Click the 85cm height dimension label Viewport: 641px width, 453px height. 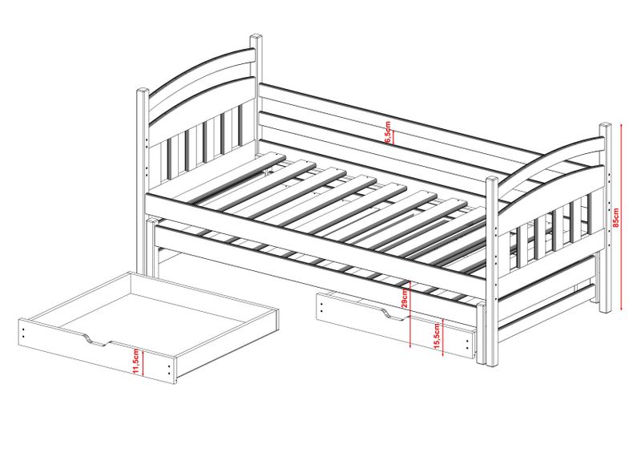coord(616,217)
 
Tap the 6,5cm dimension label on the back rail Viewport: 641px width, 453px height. coord(388,131)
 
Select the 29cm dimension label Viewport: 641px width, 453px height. coord(405,297)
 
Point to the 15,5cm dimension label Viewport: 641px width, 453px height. coord(437,336)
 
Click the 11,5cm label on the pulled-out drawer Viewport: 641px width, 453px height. coord(137,362)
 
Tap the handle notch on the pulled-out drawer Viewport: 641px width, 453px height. coord(97,341)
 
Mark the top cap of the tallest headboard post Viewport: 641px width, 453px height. coord(256,37)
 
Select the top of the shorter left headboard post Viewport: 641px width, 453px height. coord(143,91)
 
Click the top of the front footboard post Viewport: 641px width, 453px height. coord(492,180)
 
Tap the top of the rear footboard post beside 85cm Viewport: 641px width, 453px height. coord(606,125)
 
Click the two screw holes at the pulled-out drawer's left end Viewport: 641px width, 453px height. coord(23,331)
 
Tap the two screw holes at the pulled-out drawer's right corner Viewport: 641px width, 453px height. coord(170,369)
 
